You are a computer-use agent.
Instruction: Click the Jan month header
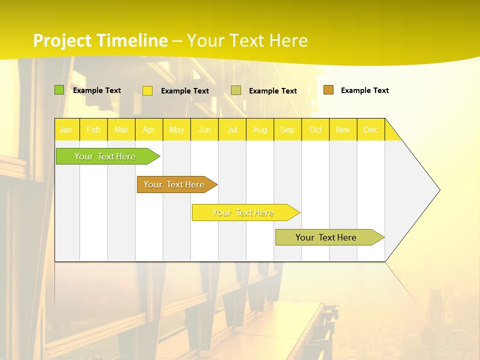coord(66,129)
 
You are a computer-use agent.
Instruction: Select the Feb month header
coord(93,129)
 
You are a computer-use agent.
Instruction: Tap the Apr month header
coord(148,129)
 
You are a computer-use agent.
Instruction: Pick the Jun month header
coord(204,129)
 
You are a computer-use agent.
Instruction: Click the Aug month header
coord(259,129)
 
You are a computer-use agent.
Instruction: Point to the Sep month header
coord(287,129)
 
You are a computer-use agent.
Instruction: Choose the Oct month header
coord(315,129)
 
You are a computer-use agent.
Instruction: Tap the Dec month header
coord(370,129)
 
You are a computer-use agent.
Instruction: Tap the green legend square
coord(59,90)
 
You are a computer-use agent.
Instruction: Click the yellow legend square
coord(147,90)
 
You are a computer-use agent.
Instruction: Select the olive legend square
coord(236,90)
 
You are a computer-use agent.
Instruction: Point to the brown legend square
coord(328,90)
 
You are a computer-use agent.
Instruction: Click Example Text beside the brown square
coord(364,90)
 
